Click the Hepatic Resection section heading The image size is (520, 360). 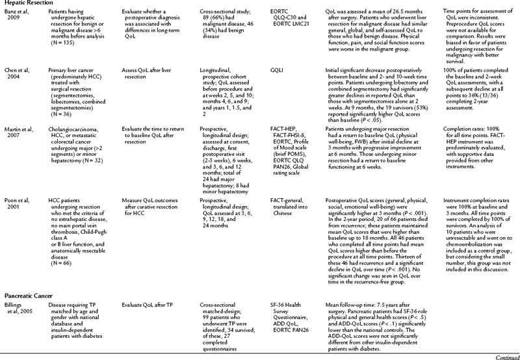[x=25, y=3]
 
